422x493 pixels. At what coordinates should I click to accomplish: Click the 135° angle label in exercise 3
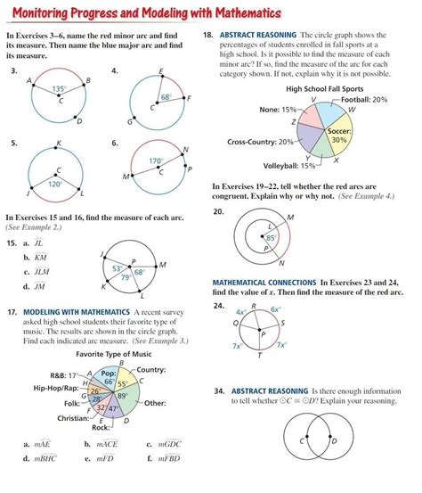[x=59, y=89]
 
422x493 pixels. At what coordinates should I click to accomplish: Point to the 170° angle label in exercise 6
[x=156, y=161]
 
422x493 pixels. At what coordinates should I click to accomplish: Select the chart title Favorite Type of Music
[x=114, y=354]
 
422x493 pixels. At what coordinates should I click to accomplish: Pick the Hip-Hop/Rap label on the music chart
[x=53, y=389]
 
